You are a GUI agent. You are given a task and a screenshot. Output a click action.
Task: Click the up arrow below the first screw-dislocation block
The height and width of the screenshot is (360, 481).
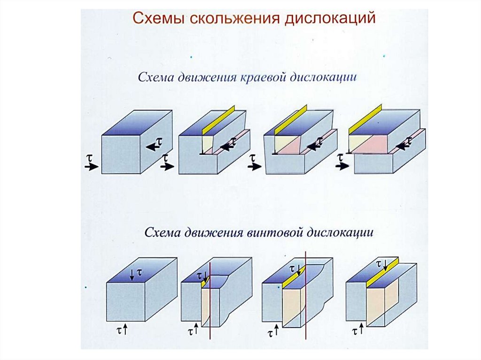click(x=126, y=329)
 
